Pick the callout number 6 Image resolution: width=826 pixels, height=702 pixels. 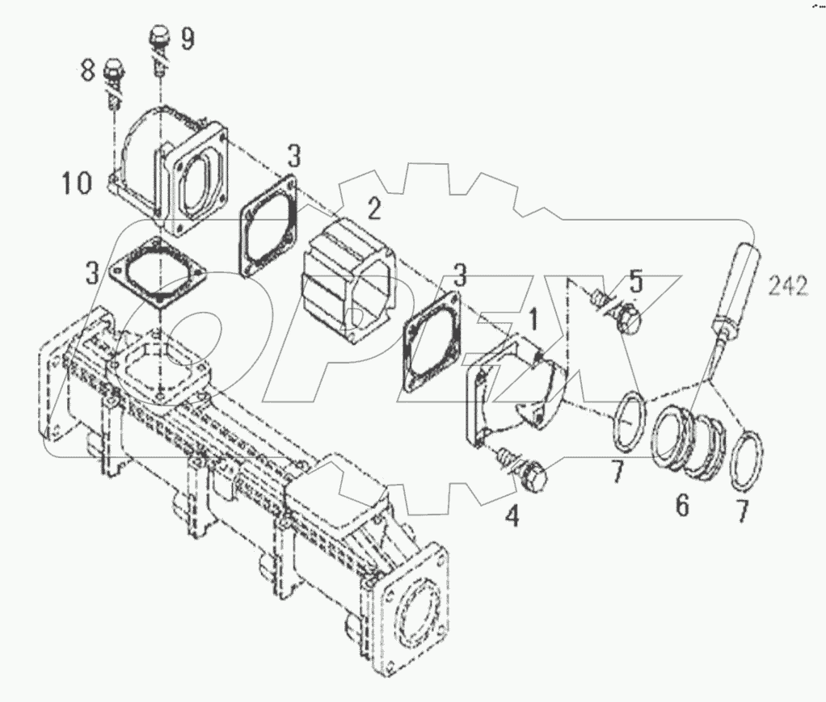[682, 506]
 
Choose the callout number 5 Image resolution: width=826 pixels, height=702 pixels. [636, 284]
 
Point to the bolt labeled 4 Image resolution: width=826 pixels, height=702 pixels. [525, 471]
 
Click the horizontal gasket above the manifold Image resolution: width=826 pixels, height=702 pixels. [159, 271]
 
